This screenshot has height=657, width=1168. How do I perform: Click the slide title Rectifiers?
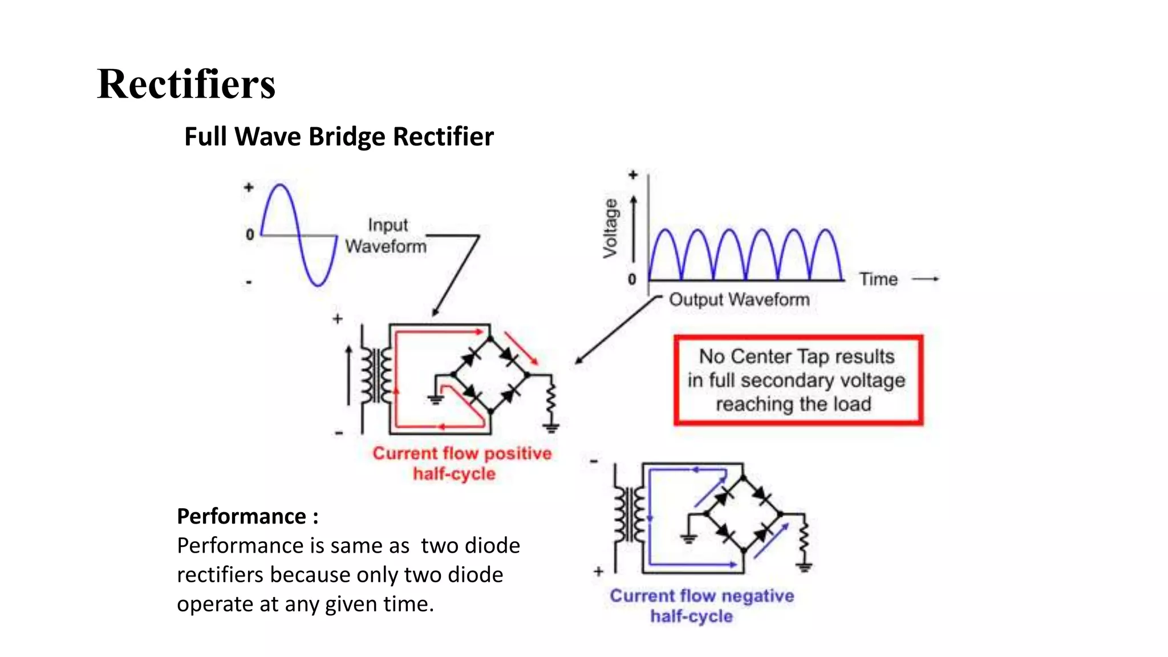pos(186,84)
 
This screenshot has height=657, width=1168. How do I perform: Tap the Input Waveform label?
pos(386,236)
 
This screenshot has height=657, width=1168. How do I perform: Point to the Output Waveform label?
pos(739,299)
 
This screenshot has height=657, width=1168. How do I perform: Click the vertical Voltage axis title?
pos(610,228)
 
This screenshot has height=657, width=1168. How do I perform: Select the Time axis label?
pos(878,279)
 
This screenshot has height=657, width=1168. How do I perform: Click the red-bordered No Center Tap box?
pos(797,380)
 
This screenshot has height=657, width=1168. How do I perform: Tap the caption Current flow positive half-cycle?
pos(462,463)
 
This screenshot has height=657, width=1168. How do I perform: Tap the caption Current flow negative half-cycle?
pos(701,606)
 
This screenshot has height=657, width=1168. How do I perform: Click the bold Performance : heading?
pos(248,516)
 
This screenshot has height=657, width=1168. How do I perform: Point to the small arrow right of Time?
pos(926,279)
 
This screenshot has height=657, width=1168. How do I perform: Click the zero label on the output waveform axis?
pos(632,279)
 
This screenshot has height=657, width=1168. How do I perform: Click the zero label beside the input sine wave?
pos(250,234)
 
